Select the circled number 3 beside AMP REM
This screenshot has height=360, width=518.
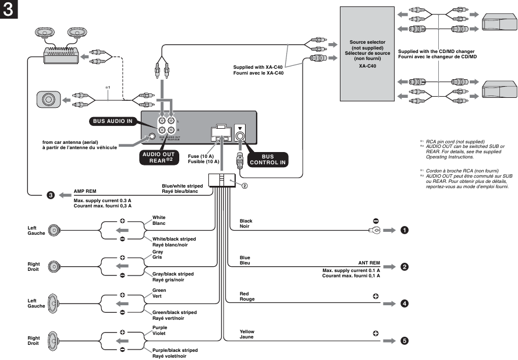(51, 195)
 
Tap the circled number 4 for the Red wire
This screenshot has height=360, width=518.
(404, 303)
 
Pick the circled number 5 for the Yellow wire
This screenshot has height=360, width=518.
(404, 341)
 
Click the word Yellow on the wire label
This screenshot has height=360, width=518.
(247, 331)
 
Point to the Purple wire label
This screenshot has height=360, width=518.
(159, 327)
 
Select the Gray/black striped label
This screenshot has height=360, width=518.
(173, 274)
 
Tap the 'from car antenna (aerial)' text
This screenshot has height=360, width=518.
(79, 142)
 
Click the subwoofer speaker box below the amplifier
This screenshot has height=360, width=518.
(49, 100)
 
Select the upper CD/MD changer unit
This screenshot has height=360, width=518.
(498, 26)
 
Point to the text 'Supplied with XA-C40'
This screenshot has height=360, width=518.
(258, 67)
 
